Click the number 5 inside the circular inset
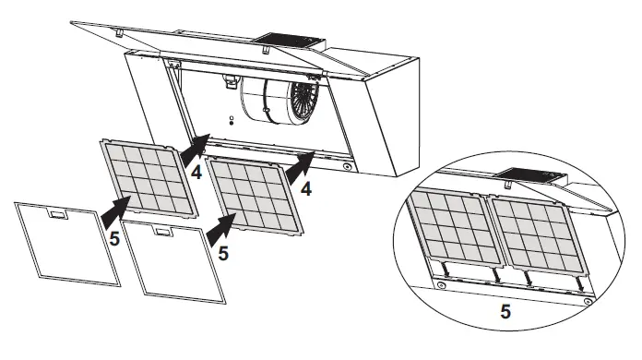[x=505, y=311]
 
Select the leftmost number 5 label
[x=113, y=238]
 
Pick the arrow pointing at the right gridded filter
[x=220, y=227]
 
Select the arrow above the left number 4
[x=196, y=146]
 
